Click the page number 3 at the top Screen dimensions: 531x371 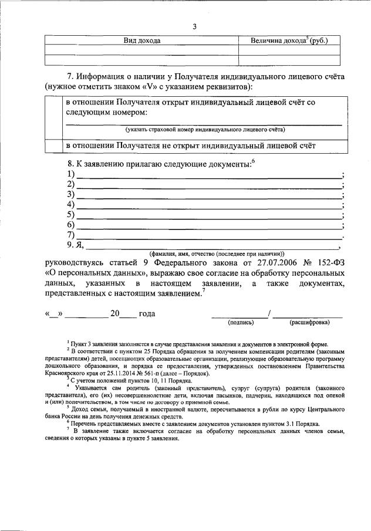pos(194,26)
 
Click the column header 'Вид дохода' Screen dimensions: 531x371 pos(141,40)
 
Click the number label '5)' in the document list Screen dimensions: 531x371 pos(71,215)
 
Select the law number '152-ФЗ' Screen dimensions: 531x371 pos(329,263)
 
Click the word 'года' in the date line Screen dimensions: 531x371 pos(146,313)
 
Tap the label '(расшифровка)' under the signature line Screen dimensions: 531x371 pos(308,322)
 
